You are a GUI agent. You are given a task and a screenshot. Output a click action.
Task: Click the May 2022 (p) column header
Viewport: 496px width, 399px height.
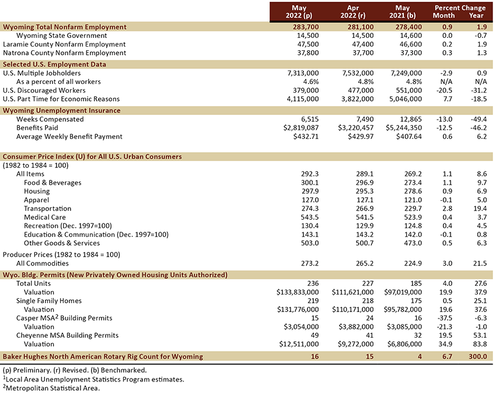coord(299,12)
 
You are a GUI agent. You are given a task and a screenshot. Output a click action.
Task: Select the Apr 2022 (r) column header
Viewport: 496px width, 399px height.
coord(353,12)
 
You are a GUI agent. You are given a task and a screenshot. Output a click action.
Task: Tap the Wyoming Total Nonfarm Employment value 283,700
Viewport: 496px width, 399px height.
coord(306,27)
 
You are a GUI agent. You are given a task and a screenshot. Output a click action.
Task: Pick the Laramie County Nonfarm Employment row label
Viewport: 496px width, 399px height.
coord(64,44)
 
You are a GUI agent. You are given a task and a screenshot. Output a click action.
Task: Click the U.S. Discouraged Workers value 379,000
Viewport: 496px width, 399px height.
coord(306,90)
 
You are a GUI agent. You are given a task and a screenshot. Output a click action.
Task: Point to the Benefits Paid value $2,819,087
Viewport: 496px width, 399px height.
coord(301,128)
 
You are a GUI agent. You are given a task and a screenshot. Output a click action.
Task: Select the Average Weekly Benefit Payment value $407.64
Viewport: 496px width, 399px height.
coord(409,136)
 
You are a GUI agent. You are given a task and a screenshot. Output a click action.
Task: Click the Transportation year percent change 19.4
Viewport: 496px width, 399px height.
coord(480,209)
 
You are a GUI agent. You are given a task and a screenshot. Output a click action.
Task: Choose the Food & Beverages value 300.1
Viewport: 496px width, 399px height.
coord(310,183)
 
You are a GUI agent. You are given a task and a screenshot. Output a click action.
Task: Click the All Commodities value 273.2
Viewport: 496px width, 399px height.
coord(310,263)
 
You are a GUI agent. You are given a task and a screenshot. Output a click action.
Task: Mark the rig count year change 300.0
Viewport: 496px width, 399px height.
coord(478,356)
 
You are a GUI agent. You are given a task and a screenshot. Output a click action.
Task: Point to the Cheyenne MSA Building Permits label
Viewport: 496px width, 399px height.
coord(67,335)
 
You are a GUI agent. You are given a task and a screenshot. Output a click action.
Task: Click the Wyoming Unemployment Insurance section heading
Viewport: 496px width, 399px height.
coord(62,111)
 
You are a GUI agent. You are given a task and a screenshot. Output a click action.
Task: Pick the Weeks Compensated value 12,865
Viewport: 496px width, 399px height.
coord(410,119)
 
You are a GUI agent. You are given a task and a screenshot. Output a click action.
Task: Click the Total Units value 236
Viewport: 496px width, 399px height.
coord(313,283)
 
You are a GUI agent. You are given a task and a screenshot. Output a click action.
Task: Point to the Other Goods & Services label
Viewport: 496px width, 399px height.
coord(62,243)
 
